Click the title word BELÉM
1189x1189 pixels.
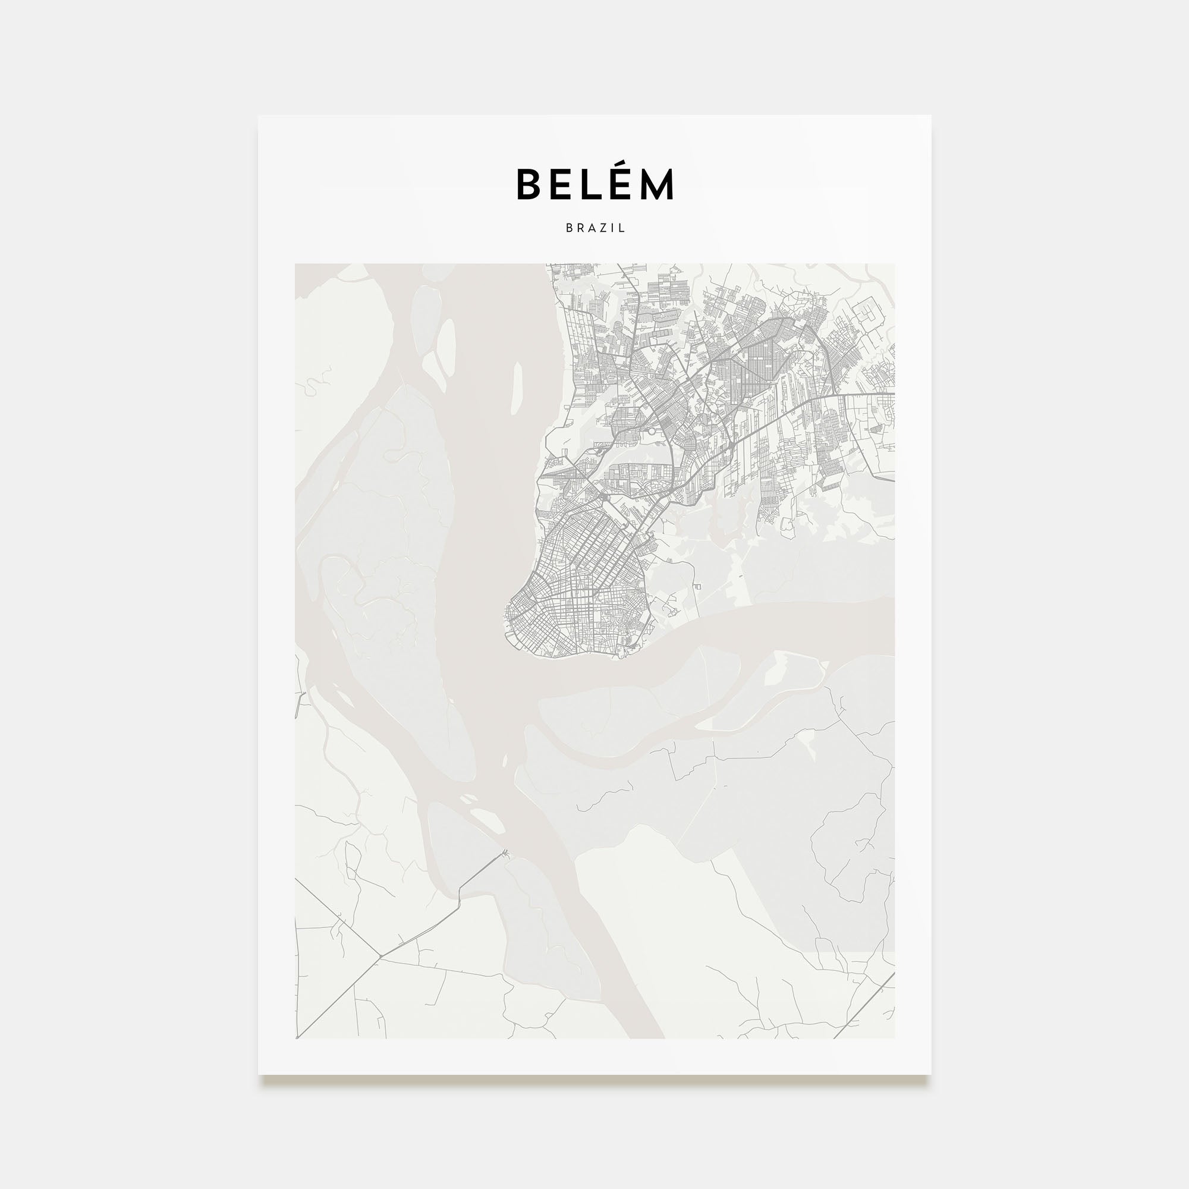594,184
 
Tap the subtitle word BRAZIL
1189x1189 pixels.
595,228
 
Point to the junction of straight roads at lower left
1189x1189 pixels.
381,956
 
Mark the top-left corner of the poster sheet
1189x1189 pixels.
259,117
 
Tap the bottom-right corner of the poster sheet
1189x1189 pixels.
930,1074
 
